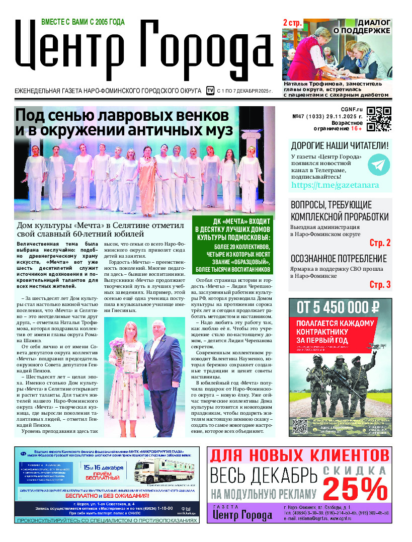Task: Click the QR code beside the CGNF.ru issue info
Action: pyautogui.click(x=379, y=119)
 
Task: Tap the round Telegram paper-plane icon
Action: pyautogui.click(x=379, y=165)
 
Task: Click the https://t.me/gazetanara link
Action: pyautogui.click(x=335, y=185)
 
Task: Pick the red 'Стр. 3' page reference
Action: pyautogui.click(x=380, y=285)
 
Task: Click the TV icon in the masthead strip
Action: pyautogui.click(x=210, y=91)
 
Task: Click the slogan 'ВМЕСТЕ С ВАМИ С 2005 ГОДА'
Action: pyautogui.click(x=83, y=22)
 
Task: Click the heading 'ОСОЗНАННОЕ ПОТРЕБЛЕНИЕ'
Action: pyautogui.click(x=339, y=259)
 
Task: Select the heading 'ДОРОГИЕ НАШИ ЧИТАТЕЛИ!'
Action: pyautogui.click(x=340, y=146)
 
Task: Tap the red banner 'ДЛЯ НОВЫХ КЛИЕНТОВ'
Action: pyautogui.click(x=299, y=456)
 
